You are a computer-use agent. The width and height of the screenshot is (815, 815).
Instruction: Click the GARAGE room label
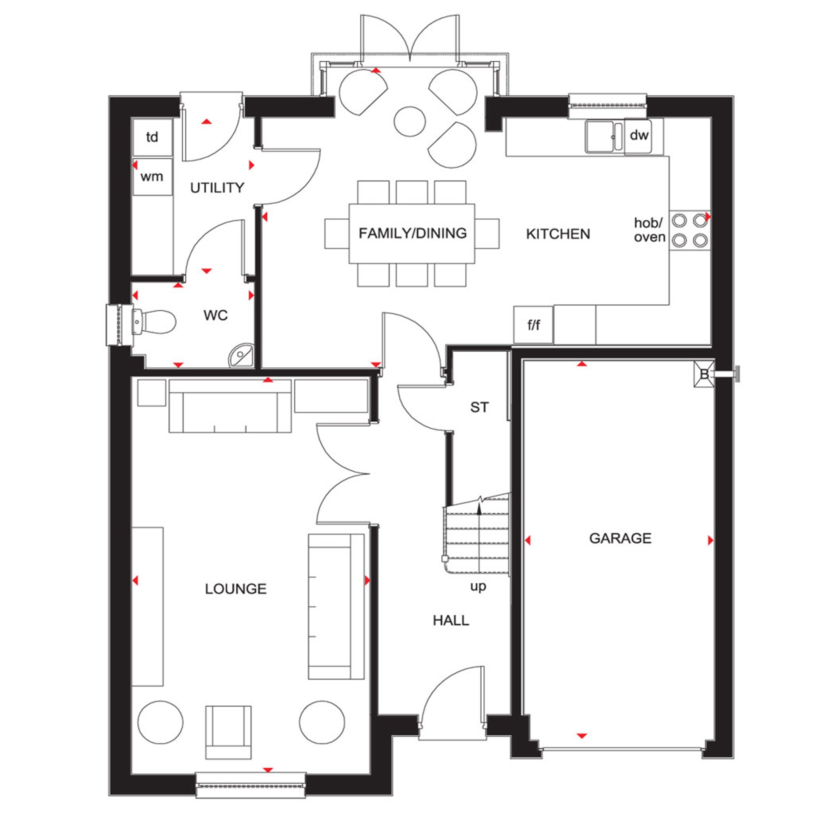coord(620,538)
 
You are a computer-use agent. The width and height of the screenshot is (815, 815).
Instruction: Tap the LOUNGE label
coord(236,589)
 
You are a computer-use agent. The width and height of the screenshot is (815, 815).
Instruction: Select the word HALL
coord(451,620)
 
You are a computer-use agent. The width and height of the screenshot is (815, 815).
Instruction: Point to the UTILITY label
coord(217,188)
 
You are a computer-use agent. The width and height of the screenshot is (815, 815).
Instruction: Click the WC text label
coord(216,315)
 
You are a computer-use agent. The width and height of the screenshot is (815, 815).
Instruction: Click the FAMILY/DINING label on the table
coord(412,233)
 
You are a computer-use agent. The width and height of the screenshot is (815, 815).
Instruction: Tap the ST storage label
coord(480,407)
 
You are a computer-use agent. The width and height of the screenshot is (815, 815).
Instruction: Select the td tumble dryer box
coord(152,137)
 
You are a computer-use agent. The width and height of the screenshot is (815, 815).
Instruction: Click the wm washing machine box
coord(152,176)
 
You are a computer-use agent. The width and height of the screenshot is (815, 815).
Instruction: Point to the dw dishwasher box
coord(639,136)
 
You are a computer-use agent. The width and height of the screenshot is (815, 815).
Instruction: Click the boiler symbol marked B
coord(705,374)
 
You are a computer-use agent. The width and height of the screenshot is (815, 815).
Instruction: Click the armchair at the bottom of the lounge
coord(228,732)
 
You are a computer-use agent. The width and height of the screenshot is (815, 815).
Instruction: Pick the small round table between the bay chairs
coord(409,121)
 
